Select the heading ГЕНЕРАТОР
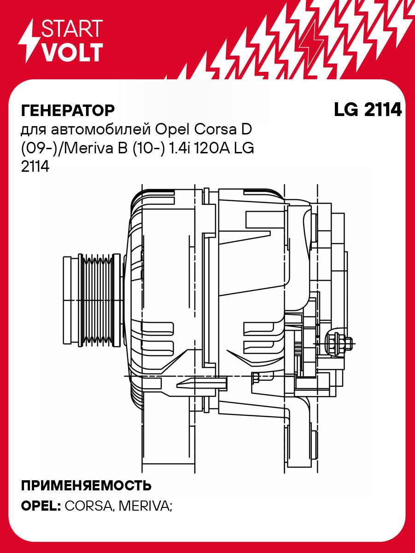coord(68,111)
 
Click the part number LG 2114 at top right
coord(367,110)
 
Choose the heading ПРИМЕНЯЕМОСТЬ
coord(86,486)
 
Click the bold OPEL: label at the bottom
coord(41,505)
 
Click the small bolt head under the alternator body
coord(256,378)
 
